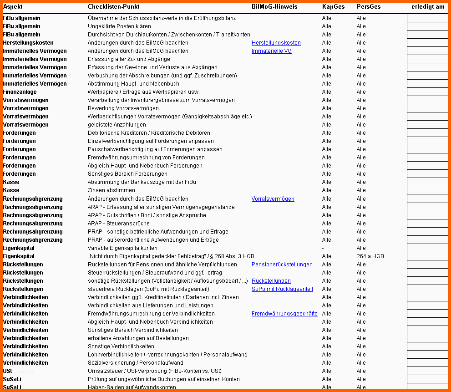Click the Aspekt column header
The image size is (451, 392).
[x=13, y=7]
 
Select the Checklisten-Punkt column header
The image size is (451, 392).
[x=113, y=7]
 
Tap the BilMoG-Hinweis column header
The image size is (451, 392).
[x=274, y=7]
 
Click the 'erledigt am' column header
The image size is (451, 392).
[x=428, y=7]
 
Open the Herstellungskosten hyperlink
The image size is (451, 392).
[x=276, y=43]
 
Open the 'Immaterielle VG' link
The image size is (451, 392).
[x=271, y=51]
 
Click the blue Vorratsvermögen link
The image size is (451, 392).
[x=273, y=199]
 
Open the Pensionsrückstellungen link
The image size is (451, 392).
[x=282, y=265]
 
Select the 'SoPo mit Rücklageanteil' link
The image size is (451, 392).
[x=282, y=289]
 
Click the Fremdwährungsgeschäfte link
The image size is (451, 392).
[x=284, y=314]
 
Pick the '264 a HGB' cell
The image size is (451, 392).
[x=370, y=256]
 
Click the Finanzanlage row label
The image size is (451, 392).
[x=20, y=92]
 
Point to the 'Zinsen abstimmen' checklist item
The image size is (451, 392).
[x=111, y=190]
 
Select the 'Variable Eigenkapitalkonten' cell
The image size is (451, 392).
[x=122, y=248]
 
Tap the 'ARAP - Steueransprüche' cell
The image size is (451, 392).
[x=118, y=224]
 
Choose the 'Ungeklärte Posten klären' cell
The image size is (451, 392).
[x=119, y=26]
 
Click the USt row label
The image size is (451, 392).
[x=7, y=371]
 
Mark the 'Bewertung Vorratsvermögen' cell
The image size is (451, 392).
[x=123, y=108]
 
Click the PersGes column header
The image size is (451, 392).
[x=368, y=7]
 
